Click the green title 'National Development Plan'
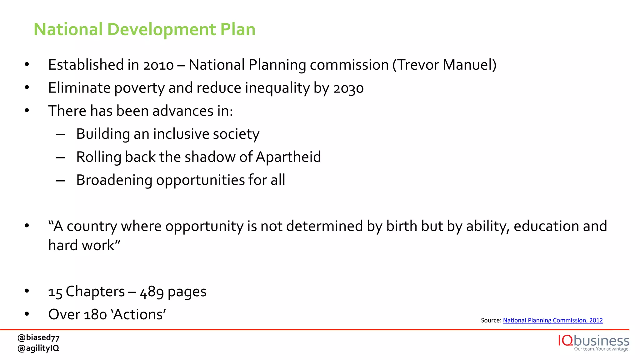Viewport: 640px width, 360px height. click(x=144, y=29)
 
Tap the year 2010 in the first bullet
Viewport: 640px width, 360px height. click(x=158, y=65)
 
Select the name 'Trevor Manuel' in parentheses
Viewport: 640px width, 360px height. click(x=444, y=65)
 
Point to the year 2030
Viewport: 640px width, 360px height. click(x=348, y=88)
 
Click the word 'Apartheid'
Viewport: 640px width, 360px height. click(x=288, y=157)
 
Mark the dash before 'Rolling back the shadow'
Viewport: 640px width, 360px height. click(x=60, y=157)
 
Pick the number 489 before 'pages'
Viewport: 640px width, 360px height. click(x=152, y=292)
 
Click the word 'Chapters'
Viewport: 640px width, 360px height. click(x=95, y=292)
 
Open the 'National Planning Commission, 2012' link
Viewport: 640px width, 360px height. click(x=552, y=320)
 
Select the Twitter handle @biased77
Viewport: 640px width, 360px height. click(x=38, y=338)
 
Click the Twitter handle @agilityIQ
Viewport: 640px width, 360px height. click(x=38, y=348)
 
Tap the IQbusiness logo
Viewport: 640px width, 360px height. click(x=593, y=342)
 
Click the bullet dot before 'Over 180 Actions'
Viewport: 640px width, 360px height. click(x=27, y=314)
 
